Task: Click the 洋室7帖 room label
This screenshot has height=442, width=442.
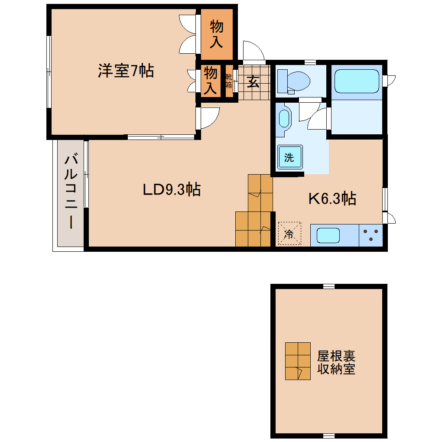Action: click(x=126, y=71)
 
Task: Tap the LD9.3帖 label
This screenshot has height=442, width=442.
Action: click(x=172, y=189)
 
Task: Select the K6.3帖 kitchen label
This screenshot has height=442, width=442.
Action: click(x=332, y=199)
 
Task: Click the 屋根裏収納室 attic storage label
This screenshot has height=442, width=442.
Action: click(x=336, y=363)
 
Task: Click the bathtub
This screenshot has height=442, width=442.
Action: click(x=357, y=81)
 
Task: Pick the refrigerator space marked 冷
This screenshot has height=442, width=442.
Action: click(x=289, y=234)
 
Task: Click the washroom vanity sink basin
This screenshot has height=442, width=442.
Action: click(x=284, y=118)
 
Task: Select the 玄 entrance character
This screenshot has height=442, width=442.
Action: click(x=253, y=81)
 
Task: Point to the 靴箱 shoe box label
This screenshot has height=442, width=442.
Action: click(x=228, y=81)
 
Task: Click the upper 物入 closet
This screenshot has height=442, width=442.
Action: click(x=217, y=34)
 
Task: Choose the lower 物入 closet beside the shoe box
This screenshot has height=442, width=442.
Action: click(x=210, y=81)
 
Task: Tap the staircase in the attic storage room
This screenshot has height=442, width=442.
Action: click(x=298, y=361)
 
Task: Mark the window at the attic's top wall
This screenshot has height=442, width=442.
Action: click(x=328, y=286)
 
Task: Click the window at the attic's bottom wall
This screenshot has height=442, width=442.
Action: click(x=328, y=435)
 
